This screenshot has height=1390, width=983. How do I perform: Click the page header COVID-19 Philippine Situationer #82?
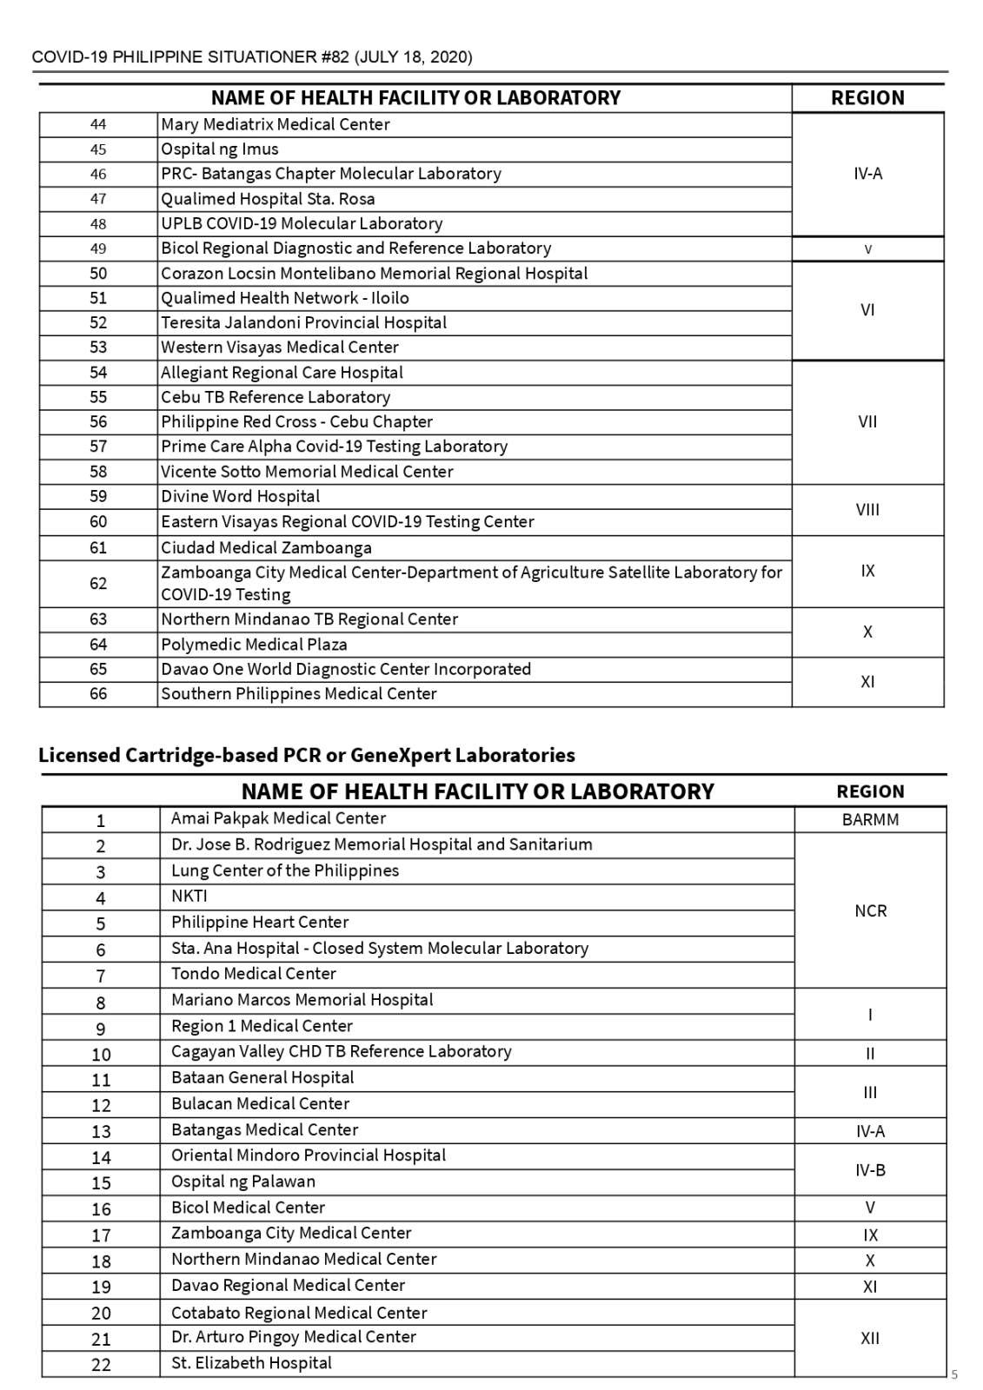click(x=252, y=57)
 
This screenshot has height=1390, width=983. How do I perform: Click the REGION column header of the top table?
click(x=867, y=98)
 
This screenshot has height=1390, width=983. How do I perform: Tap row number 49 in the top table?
click(x=98, y=248)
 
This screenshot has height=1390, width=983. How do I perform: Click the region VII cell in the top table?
click(x=867, y=422)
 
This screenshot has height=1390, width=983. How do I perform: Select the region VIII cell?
click(x=867, y=510)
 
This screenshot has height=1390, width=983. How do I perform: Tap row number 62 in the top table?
click(x=98, y=584)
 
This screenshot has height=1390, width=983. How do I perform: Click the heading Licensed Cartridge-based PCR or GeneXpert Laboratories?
click(x=307, y=755)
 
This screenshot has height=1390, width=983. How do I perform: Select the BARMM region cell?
click(x=870, y=820)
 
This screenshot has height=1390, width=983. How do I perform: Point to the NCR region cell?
click(x=870, y=911)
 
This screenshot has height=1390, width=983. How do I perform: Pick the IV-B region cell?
click(x=870, y=1170)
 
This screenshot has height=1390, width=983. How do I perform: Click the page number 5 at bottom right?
click(x=954, y=1374)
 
